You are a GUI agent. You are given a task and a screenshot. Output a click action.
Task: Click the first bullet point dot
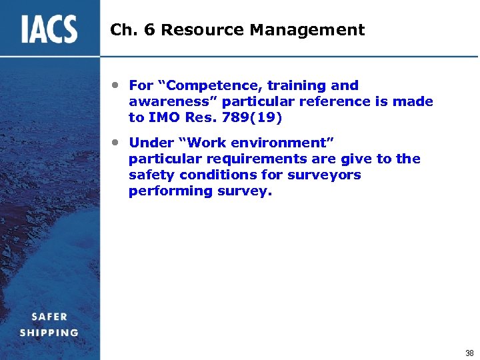tap(115, 85)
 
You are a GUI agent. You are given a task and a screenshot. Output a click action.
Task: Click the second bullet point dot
tap(115, 143)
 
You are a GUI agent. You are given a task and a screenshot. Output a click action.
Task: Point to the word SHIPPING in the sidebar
tap(49, 332)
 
